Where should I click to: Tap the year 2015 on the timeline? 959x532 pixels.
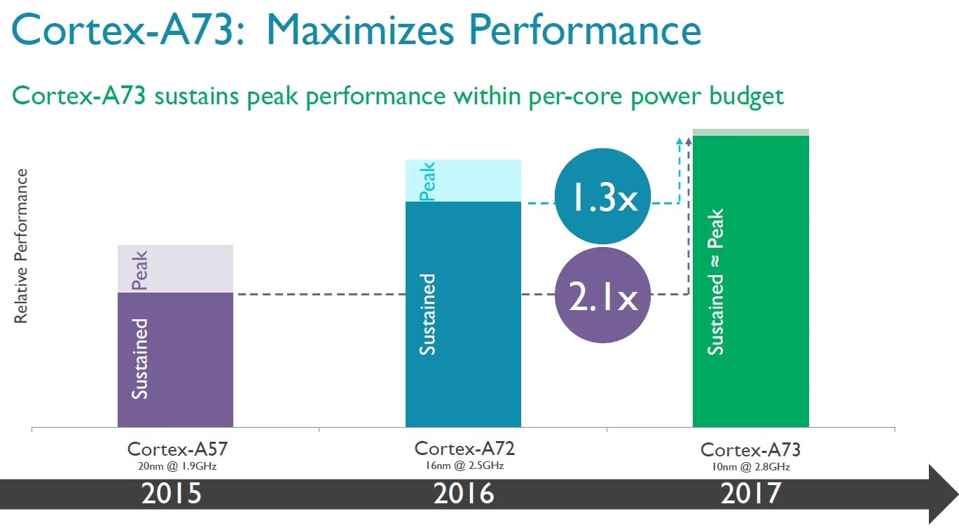(x=172, y=493)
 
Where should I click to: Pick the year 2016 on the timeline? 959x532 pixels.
(x=464, y=493)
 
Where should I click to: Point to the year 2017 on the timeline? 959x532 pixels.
(x=750, y=493)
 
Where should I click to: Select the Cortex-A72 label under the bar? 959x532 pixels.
(x=464, y=448)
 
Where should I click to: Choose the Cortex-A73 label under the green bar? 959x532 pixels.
(x=750, y=449)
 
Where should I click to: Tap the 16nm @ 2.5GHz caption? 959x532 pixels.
(x=464, y=465)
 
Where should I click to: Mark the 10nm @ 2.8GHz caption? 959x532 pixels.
(x=750, y=467)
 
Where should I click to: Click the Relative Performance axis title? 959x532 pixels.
(x=22, y=246)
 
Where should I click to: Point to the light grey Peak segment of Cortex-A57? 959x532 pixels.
(x=175, y=269)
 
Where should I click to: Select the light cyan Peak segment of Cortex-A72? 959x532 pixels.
(x=463, y=181)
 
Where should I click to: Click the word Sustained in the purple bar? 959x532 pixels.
(x=141, y=358)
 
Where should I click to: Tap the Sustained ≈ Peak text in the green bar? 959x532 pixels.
(x=715, y=281)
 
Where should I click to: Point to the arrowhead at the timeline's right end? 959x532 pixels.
(x=942, y=493)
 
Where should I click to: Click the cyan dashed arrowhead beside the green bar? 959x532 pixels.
(x=679, y=141)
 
